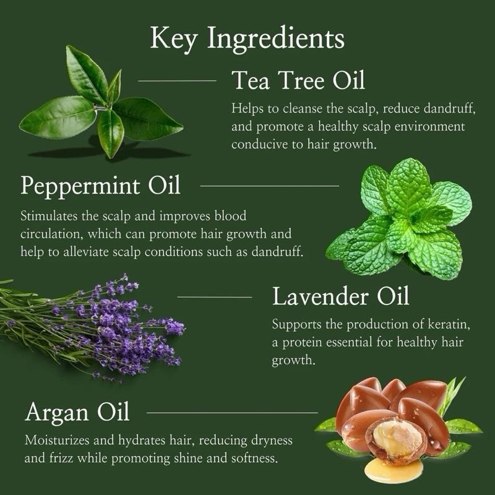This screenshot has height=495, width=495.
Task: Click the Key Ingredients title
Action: tap(247, 38)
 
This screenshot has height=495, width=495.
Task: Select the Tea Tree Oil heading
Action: tap(298, 81)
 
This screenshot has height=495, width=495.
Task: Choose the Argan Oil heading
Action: tap(77, 411)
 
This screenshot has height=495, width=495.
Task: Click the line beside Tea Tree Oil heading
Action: tap(177, 80)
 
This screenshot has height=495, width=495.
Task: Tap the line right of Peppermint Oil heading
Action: tap(270, 185)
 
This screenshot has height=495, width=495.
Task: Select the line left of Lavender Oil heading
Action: tap(215, 297)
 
